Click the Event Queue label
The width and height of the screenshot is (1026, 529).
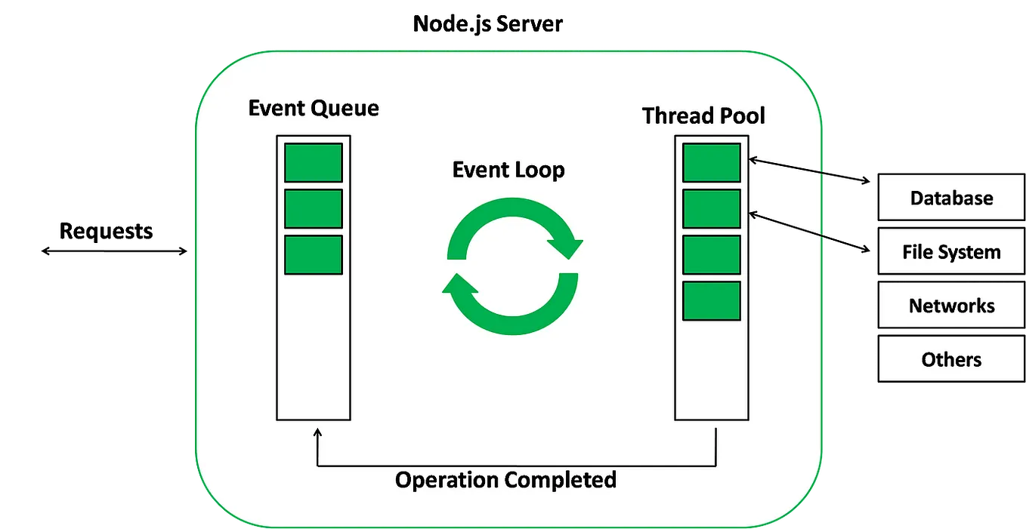[314, 108]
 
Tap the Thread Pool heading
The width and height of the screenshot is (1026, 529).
[703, 115]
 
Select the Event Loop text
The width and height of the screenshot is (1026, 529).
[508, 170]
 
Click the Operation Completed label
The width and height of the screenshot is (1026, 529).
[505, 480]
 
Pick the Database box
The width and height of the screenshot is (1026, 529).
[950, 198]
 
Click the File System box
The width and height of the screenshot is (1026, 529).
[950, 252]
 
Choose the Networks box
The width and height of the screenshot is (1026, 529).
[950, 306]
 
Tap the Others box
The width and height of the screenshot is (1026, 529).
[950, 359]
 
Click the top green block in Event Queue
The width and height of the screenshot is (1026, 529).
[314, 163]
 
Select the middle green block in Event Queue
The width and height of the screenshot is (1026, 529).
[314, 209]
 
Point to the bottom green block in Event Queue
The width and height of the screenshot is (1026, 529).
[314, 255]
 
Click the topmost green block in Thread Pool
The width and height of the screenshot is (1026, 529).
[711, 163]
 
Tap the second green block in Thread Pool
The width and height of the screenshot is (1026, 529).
[711, 209]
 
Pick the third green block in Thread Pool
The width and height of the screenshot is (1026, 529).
[711, 255]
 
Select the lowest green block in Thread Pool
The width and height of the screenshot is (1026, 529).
[711, 301]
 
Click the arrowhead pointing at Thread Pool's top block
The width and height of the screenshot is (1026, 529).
[753, 158]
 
